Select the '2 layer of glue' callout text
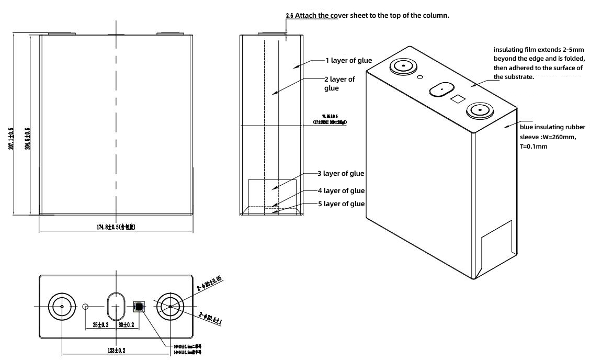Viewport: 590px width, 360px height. (341, 84)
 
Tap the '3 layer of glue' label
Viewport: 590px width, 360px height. (340, 173)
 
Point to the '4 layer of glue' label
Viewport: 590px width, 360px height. (341, 190)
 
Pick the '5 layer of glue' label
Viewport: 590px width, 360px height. (341, 204)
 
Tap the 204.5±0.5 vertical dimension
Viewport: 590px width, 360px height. (27, 138)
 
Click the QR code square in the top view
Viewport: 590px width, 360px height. (139, 306)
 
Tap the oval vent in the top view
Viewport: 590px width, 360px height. (116, 306)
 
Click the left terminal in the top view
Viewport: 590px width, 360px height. (62, 306)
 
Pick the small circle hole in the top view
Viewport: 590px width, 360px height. (87, 306)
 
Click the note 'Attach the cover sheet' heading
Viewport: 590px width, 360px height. (368, 16)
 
